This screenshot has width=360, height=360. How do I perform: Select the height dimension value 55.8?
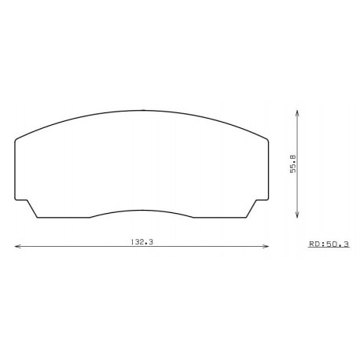pos(292,165)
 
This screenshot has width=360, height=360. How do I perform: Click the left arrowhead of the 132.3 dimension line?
pos(17,247)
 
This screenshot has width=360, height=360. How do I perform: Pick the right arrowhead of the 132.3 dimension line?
pos(267,247)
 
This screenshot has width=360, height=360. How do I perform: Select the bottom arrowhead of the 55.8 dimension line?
pos(297,216)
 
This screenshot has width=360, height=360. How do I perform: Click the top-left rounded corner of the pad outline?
pos(18,140)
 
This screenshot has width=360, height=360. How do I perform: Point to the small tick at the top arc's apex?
pos(143,109)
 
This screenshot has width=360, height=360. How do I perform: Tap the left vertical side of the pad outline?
pos(16,169)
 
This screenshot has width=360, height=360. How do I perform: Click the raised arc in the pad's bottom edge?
pos(142,211)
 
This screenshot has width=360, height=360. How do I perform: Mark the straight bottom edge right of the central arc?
pos(220,217)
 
